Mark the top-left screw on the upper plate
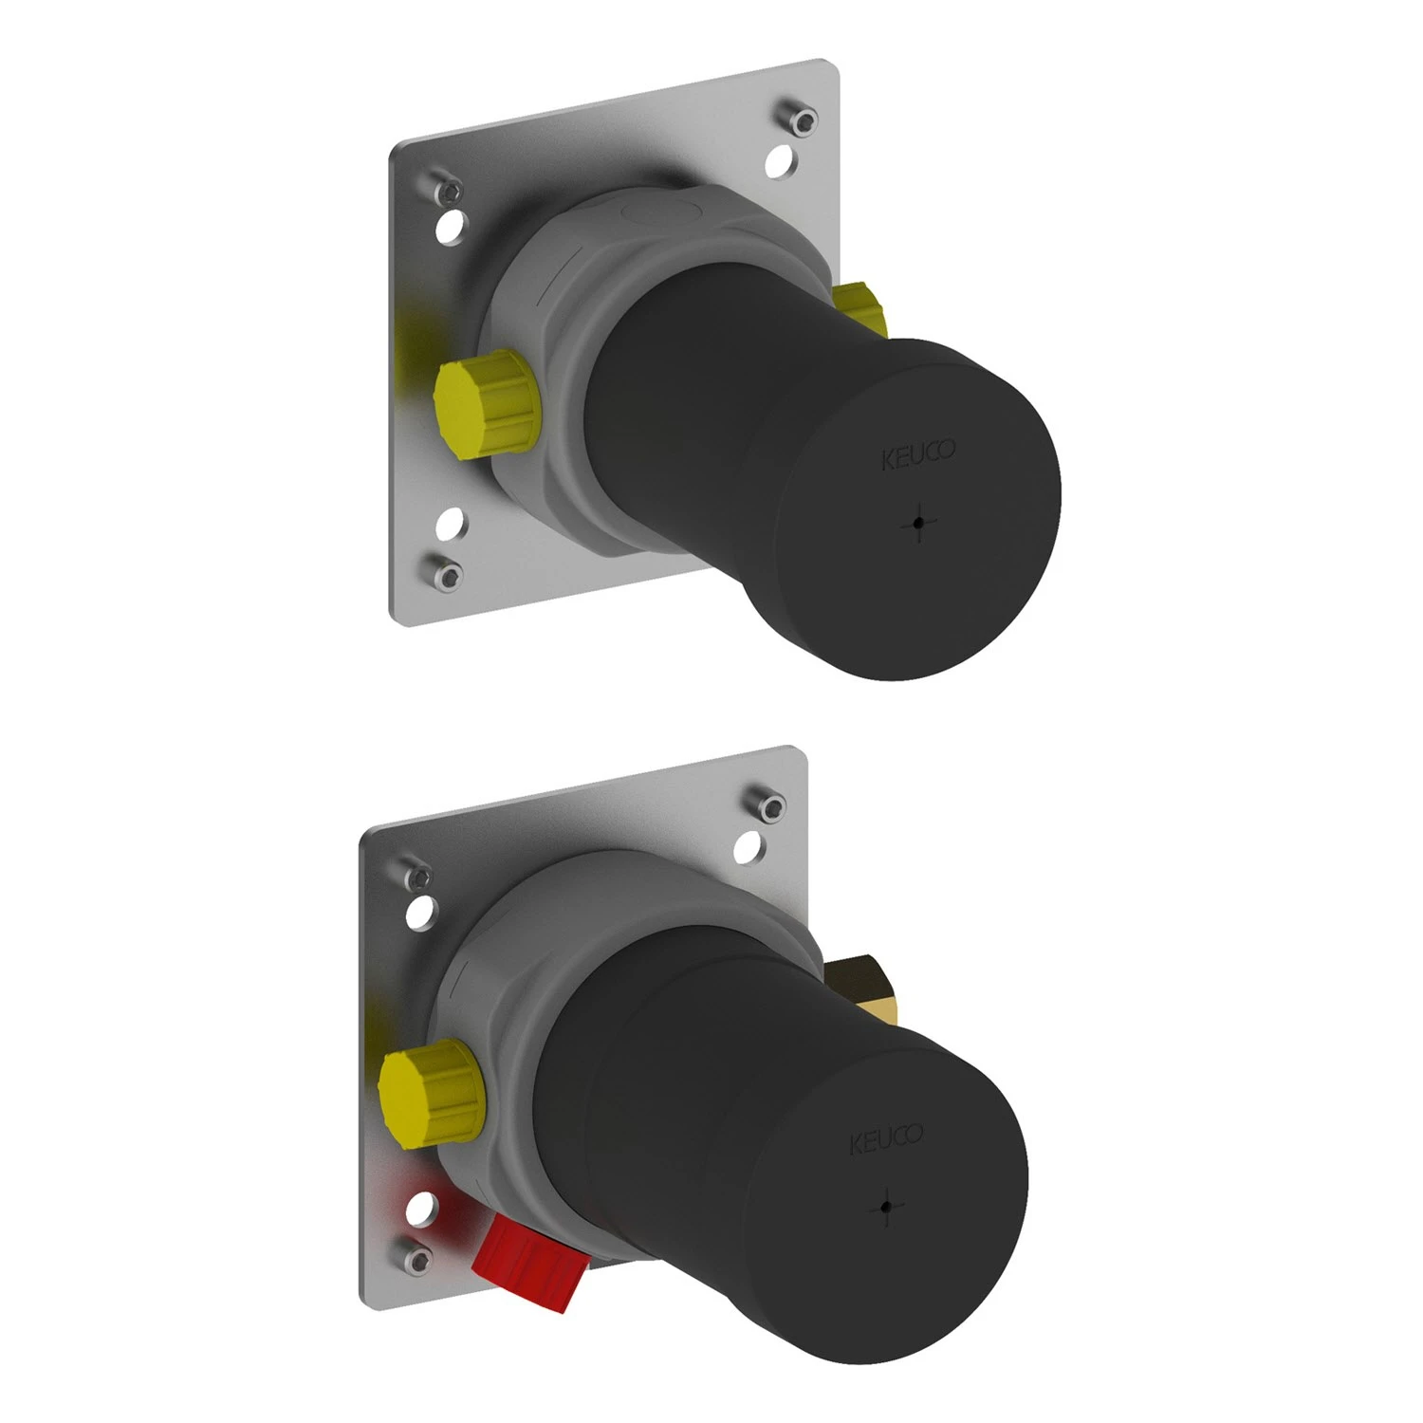click(x=448, y=194)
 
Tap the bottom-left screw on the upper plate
click(x=446, y=571)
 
